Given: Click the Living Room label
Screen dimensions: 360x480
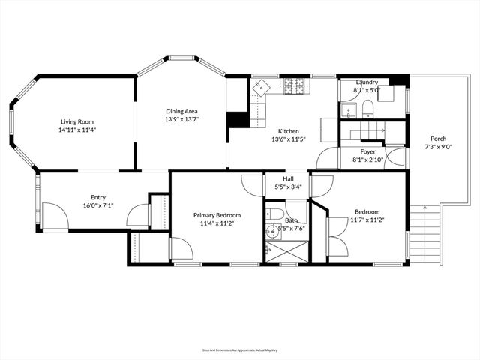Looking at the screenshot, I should (x=77, y=121).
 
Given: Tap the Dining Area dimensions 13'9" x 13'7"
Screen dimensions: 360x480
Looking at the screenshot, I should (x=181, y=119).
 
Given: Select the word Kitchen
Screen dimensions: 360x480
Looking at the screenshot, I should (x=289, y=130).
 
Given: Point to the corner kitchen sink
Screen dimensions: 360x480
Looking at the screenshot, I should (x=260, y=88).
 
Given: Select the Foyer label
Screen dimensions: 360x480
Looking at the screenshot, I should (x=368, y=151).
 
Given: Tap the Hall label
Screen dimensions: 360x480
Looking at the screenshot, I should (x=288, y=179).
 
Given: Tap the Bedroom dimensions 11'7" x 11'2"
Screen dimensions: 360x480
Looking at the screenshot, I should (x=367, y=220).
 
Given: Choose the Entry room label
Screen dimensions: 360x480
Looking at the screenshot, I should (x=98, y=197).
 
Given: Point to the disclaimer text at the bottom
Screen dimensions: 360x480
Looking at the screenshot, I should (x=240, y=349).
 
